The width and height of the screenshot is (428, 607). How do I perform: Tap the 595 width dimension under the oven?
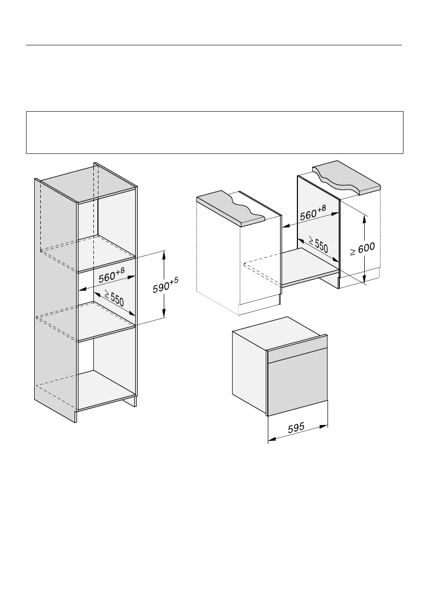[x=297, y=429]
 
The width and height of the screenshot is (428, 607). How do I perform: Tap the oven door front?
[x=297, y=385]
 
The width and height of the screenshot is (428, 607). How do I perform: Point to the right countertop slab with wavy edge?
[x=347, y=179]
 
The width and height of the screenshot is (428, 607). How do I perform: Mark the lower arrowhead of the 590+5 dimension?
[x=164, y=314]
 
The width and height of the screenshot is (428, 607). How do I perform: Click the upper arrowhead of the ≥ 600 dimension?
[x=364, y=218]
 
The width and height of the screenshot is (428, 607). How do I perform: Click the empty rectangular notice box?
[x=214, y=133]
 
